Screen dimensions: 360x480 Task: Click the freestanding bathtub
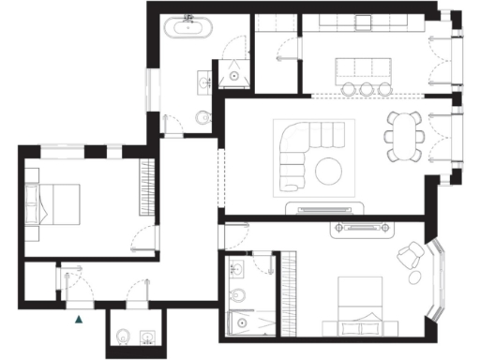click(x=188, y=28)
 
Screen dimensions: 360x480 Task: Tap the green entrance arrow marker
click(x=79, y=320)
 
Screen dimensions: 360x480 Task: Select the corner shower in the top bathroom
click(x=231, y=74)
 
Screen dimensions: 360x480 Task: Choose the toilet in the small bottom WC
click(x=123, y=335)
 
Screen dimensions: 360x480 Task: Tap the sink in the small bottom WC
click(x=143, y=335)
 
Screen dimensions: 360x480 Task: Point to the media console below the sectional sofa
click(x=328, y=208)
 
